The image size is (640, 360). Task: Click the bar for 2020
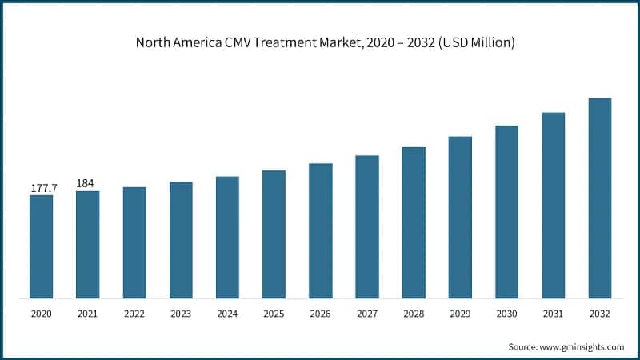click(41, 246)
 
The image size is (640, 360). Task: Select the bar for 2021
click(88, 244)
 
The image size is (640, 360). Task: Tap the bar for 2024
click(227, 238)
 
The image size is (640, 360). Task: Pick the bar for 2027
click(367, 226)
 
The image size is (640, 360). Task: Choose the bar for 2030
click(506, 212)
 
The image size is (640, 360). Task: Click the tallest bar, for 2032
click(600, 198)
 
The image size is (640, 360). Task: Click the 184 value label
click(85, 183)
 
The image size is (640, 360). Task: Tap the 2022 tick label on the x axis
click(134, 314)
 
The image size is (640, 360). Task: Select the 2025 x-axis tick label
click(274, 314)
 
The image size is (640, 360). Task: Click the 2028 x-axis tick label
click(414, 314)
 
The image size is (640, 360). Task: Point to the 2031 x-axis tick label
click(553, 314)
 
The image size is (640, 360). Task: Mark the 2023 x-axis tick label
click(181, 314)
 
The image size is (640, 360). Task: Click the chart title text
click(320, 42)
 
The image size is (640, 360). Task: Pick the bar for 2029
click(460, 218)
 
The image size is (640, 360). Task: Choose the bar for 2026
click(320, 231)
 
